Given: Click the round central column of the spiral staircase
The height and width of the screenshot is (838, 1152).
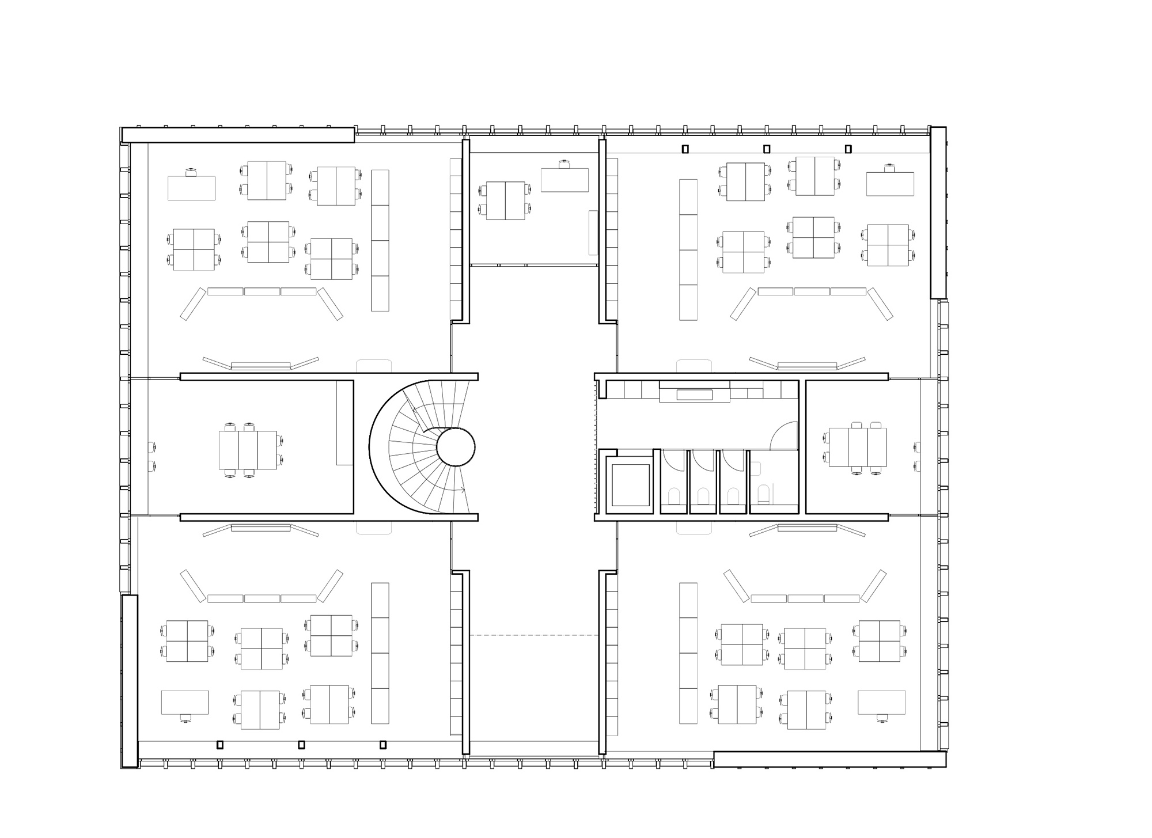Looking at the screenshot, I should pos(456,447).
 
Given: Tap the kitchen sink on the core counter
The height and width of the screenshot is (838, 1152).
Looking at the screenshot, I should pos(695,395).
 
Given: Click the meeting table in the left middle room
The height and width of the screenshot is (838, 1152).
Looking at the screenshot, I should pos(248,450).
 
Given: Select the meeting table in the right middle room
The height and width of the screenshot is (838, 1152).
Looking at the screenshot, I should pos(858,448).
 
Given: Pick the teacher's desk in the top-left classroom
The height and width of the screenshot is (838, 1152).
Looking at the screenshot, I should pos(191,188).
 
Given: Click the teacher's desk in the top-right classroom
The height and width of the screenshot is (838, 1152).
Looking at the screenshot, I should pos(890,184).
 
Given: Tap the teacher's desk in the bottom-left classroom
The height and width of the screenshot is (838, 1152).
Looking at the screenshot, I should pos(184,702).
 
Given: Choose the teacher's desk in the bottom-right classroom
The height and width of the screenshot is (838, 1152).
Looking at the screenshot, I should pos(881,702).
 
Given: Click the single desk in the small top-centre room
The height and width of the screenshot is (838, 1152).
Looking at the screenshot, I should pos(564,180).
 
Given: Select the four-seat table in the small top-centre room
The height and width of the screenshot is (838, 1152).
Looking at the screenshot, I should pos(505,200).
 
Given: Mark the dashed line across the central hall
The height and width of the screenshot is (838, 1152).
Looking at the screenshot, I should pos(534,635).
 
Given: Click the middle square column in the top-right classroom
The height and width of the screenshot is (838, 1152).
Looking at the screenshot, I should pos(767,149).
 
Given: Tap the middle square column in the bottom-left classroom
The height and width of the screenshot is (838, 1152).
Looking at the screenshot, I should pos(301,745).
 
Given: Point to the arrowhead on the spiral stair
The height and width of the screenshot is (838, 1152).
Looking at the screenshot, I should pos(463,490).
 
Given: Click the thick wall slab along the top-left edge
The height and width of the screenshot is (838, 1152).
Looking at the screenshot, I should pos(237,135).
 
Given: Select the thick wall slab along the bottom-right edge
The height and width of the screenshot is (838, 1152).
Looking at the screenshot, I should pos(829,759).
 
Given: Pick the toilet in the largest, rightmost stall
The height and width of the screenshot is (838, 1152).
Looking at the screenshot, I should pos(763,495).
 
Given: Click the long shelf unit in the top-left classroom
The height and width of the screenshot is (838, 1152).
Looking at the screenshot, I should pos(380,240).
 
